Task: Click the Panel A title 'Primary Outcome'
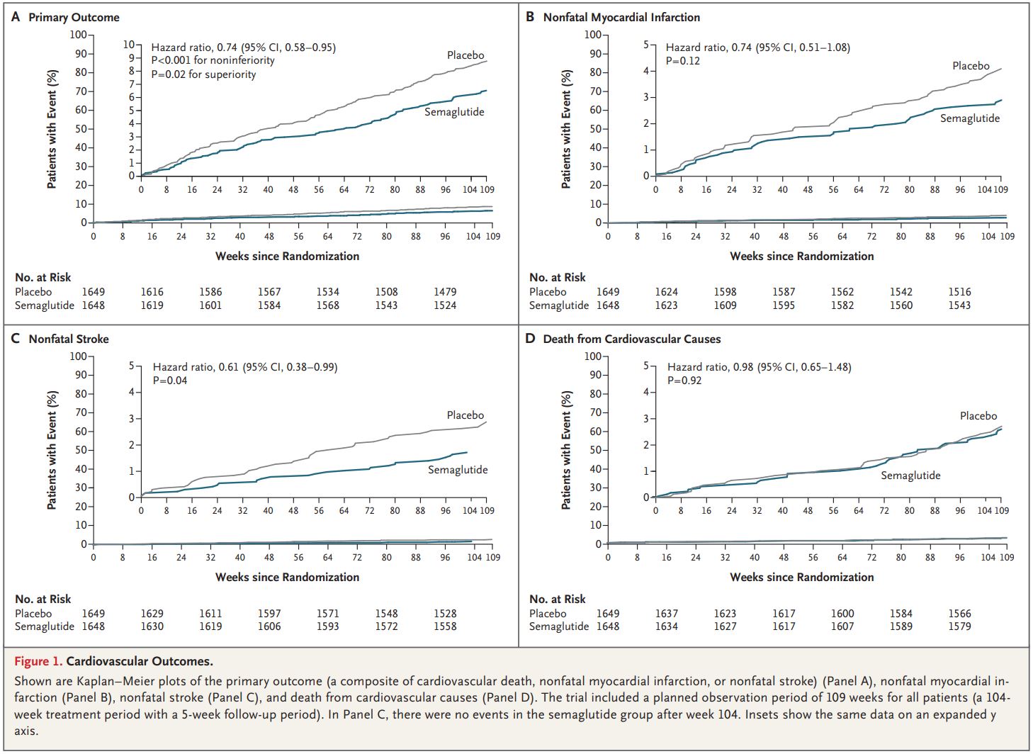[74, 17]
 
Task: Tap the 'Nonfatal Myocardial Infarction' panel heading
[621, 17]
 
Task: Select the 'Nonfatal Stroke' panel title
[69, 339]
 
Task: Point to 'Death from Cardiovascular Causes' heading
[631, 339]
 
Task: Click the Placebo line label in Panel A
[465, 55]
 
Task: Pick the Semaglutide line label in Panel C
[458, 470]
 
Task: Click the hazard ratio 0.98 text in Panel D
[759, 367]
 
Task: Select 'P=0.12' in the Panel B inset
[683, 61]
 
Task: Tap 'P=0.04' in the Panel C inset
[170, 381]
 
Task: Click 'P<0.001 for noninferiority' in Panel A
[213, 61]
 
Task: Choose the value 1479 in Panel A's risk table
[445, 292]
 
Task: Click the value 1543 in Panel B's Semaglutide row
[959, 305]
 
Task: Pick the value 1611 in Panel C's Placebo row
[210, 614]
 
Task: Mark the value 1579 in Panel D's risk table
[959, 626]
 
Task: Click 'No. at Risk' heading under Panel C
[43, 600]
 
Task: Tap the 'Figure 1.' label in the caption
[38, 661]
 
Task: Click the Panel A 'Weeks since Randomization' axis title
[287, 256]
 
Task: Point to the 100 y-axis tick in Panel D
[592, 356]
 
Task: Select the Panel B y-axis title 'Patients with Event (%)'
[566, 129]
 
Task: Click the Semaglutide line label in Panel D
[910, 476]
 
